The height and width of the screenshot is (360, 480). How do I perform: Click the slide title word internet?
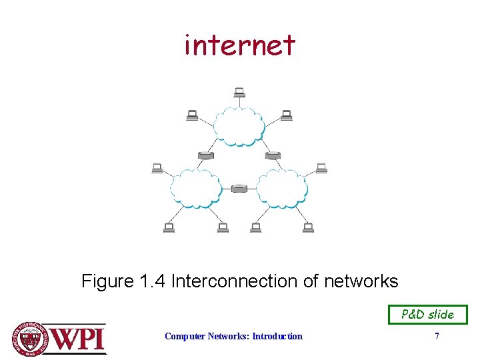pos(240,45)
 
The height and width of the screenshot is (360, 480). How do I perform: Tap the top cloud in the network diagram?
pos(239,125)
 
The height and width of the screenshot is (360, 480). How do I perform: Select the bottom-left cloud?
pos(196,187)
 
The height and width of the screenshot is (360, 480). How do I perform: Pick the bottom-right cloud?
pos(282,187)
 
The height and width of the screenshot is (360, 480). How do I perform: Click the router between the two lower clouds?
pos(239,189)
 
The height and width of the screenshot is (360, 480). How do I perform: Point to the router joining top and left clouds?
pos(206,155)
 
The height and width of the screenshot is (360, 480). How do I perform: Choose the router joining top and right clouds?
pos(272,155)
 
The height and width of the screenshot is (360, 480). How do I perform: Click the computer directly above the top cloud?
pos(239,92)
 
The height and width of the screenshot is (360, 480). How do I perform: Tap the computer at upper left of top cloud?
pos(192,115)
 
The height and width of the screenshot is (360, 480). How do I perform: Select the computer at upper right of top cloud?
pos(287,115)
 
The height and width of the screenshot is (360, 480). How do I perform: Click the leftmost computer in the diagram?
pos(157,167)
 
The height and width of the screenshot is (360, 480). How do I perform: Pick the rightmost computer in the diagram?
pos(321,167)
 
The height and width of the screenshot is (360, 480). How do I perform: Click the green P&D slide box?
pos(428,315)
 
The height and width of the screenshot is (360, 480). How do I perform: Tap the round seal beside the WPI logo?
pos(31,339)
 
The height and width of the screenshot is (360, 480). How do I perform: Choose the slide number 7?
pos(437,337)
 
